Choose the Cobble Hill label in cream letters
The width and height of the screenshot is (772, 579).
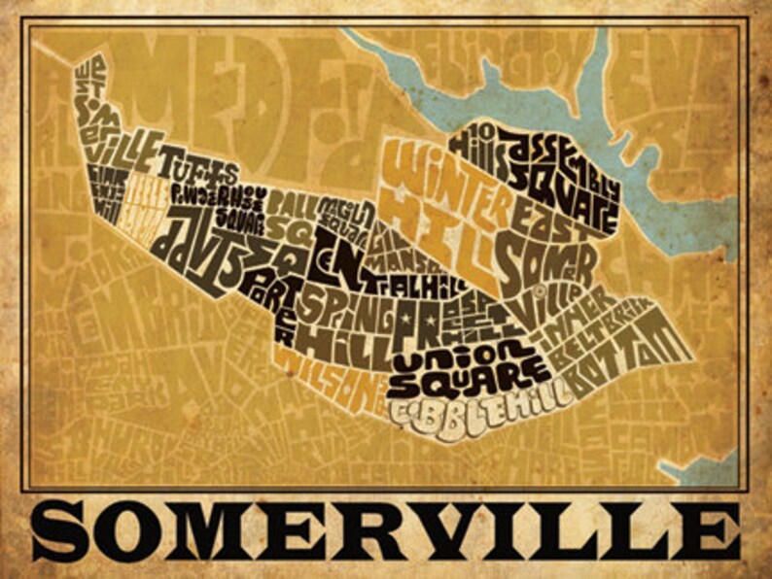(477, 406)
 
